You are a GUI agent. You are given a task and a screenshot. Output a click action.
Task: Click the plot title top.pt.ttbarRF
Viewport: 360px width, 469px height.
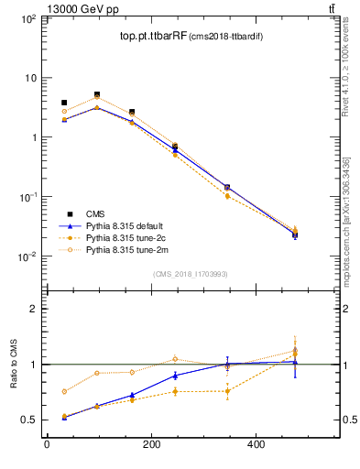click(x=153, y=37)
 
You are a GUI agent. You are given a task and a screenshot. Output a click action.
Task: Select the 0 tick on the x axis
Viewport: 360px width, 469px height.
click(x=48, y=445)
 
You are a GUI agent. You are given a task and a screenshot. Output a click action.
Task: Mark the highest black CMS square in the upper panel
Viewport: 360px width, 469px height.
click(x=97, y=94)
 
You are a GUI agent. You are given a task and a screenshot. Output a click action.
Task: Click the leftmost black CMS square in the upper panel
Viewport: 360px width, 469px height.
click(x=64, y=103)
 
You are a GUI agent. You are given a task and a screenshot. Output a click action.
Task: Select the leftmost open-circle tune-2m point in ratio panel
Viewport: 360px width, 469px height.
click(x=64, y=391)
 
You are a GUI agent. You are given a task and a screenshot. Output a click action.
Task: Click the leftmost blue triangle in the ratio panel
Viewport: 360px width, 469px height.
click(x=64, y=417)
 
